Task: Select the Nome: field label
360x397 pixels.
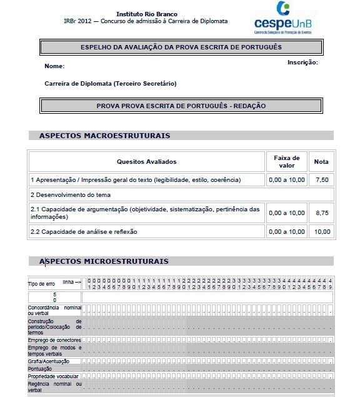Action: (x=54, y=66)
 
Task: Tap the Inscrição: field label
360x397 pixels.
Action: (x=302, y=63)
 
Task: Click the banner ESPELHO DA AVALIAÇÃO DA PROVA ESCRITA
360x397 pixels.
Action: (x=181, y=47)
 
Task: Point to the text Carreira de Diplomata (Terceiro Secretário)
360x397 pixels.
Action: (x=111, y=83)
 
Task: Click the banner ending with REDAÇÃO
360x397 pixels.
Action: (x=181, y=106)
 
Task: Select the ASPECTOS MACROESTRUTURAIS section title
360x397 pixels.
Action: (x=104, y=135)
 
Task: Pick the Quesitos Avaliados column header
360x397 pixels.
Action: (x=146, y=161)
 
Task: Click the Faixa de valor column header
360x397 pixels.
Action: (x=287, y=161)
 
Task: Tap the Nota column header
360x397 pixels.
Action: (x=321, y=161)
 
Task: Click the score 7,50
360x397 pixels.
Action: (x=321, y=180)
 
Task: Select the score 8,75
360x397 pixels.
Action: (x=321, y=213)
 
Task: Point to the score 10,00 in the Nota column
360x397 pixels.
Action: (x=321, y=232)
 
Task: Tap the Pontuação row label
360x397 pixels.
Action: (x=40, y=369)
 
